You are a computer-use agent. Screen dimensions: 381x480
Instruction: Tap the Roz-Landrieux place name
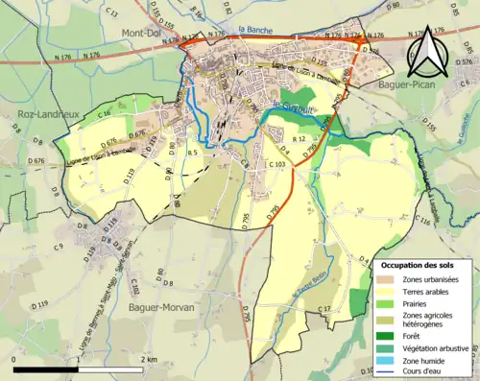pos(41,113)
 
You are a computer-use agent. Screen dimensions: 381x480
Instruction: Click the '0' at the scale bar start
pos(14,359)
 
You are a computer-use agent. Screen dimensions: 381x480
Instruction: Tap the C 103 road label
pos(276,165)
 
